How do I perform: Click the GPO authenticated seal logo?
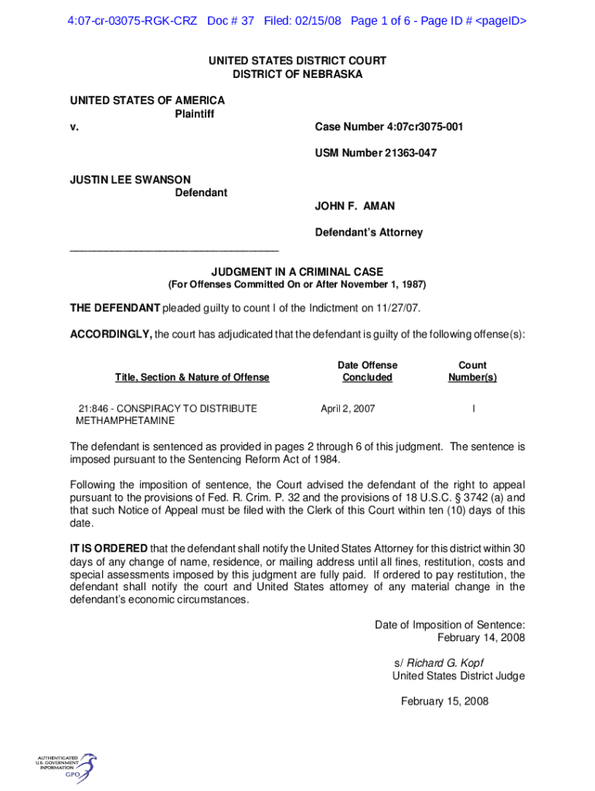point(66,767)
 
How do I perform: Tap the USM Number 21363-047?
point(376,153)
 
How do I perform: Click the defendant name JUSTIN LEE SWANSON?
point(131,179)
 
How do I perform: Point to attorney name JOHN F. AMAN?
point(355,206)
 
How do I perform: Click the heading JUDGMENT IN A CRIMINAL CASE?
point(297,272)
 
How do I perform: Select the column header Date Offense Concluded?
point(367,371)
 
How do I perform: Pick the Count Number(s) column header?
point(472,371)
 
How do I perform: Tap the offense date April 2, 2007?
point(348,409)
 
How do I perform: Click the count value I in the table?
point(472,409)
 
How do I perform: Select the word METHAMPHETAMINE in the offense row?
point(125,421)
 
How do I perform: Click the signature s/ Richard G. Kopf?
point(438,663)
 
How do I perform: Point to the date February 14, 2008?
point(481,637)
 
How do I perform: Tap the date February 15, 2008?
point(444,701)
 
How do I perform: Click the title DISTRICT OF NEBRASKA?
point(297,74)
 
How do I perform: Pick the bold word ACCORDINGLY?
point(110,334)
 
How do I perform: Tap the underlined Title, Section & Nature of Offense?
point(192,377)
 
